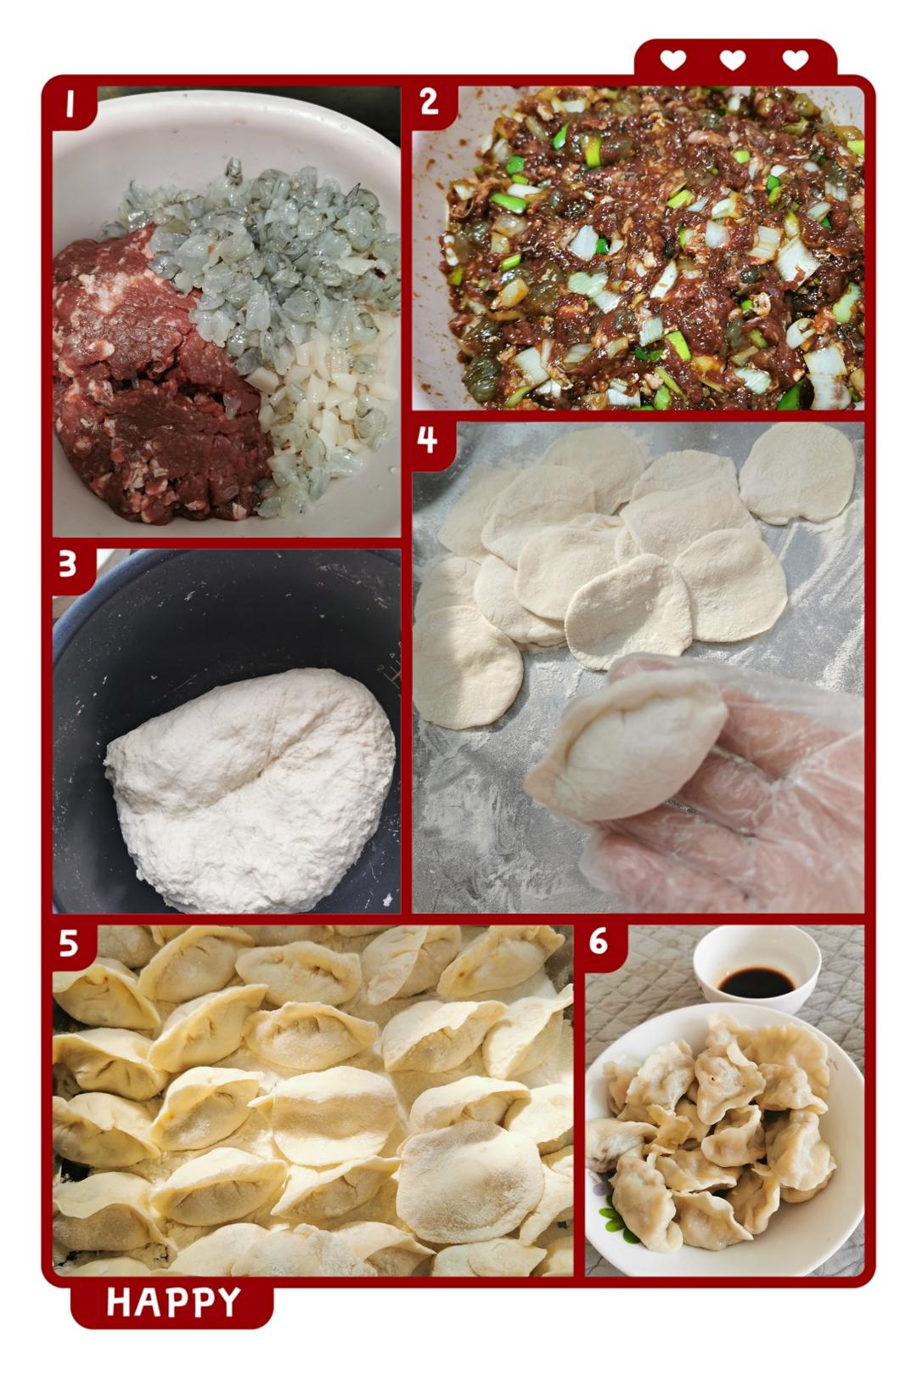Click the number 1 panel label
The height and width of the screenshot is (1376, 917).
70,104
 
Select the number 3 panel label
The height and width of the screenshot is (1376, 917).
68,564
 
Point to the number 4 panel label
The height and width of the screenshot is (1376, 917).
427,438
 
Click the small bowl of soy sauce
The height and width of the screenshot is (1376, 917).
757,969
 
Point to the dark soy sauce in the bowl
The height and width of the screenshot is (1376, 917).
756,980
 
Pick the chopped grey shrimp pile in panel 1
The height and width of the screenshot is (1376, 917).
264,245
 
